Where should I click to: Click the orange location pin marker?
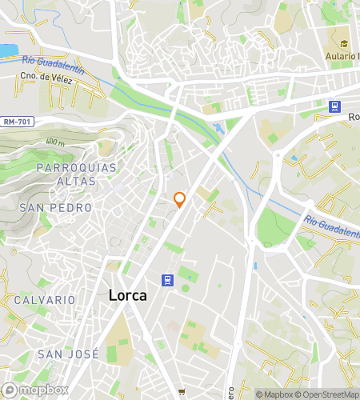click(180, 199)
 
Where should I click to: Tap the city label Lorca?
click(127, 295)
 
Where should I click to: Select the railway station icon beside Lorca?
click(167, 280)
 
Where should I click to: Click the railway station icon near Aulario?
click(334, 106)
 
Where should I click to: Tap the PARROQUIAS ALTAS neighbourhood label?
click(77, 174)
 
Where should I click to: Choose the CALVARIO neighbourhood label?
click(44, 300)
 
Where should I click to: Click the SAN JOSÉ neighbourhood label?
click(68, 354)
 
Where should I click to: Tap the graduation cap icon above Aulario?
click(343, 43)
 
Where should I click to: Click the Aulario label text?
click(342, 56)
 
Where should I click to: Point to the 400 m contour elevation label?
click(55, 142)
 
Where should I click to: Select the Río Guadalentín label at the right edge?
click(330, 226)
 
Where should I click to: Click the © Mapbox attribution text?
click(274, 394)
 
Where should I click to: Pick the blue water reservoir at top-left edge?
click(7, 50)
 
